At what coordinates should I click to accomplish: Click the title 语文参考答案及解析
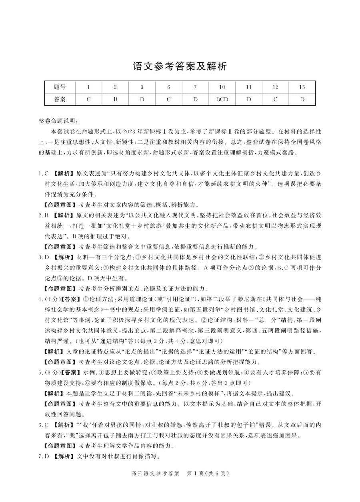click(x=180, y=66)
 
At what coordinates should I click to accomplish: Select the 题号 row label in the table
click(x=60, y=87)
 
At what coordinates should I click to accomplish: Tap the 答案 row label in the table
click(x=60, y=99)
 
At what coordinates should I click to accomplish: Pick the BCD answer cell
click(x=222, y=99)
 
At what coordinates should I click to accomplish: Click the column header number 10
click(x=222, y=87)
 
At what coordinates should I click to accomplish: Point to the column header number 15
click(x=302, y=87)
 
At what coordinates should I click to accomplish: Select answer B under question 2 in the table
click(x=115, y=99)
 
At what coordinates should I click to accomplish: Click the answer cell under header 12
click(x=275, y=99)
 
